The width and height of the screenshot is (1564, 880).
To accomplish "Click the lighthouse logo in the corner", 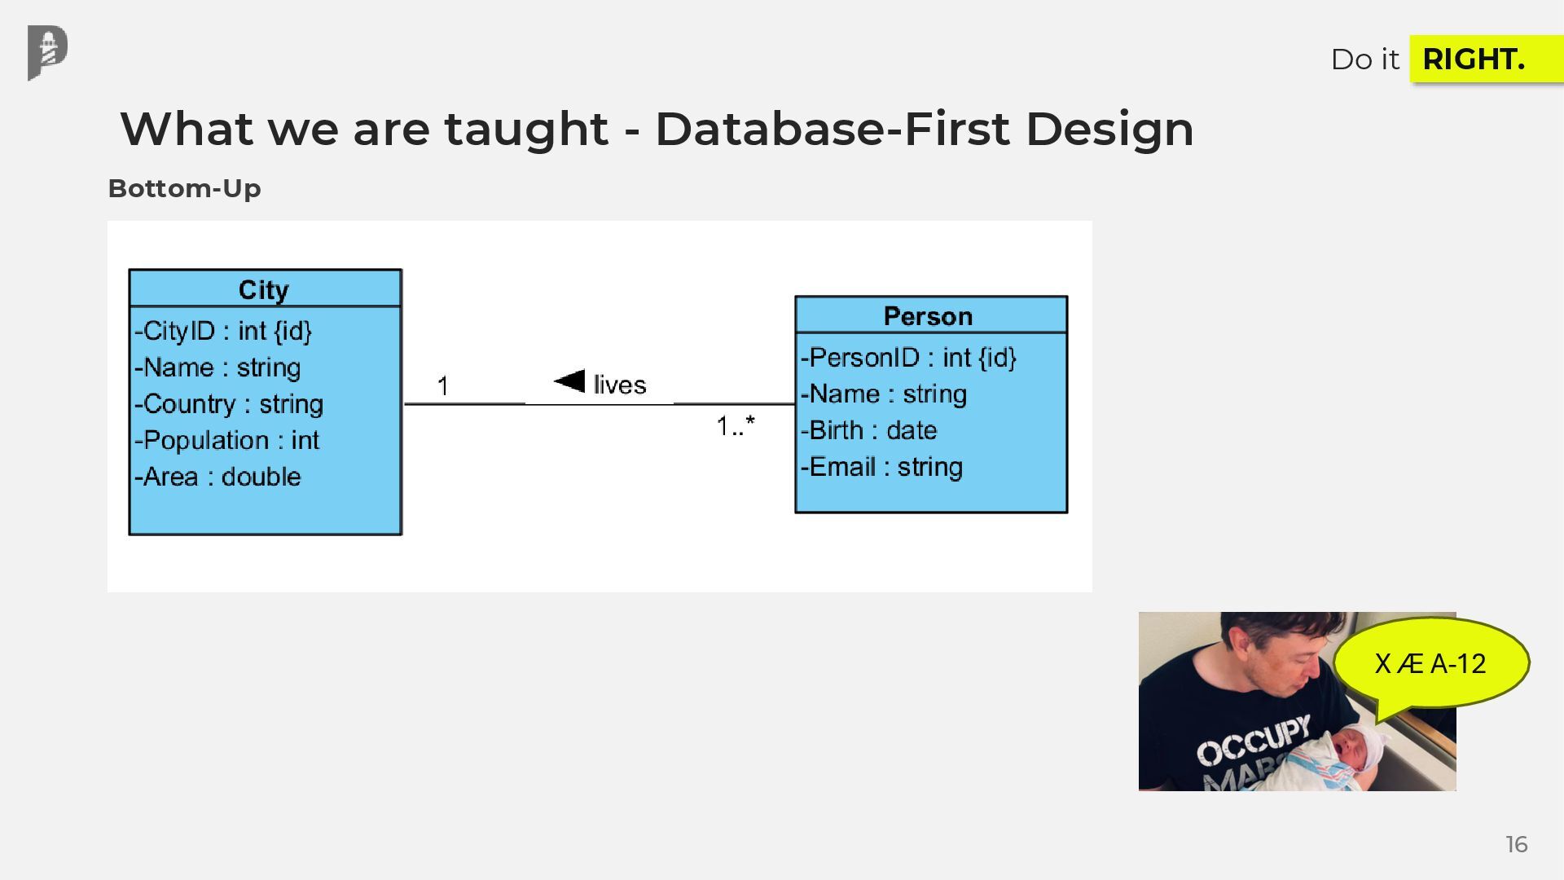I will tap(47, 52).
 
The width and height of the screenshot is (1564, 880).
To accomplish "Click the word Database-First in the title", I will tap(832, 129).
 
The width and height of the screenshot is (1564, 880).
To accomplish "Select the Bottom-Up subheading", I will tap(184, 188).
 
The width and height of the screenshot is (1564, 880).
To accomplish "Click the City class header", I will tap(264, 289).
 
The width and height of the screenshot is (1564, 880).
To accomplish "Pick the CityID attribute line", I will tap(223, 331).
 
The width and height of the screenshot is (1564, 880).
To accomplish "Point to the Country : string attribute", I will tap(229, 404).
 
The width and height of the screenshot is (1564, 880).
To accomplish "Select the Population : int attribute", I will tap(226, 440).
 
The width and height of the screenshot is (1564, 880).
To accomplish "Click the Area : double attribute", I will tap(217, 477).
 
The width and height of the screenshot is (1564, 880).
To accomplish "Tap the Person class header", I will tap(929, 315).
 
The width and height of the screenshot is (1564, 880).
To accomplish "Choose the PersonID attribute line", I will tap(908, 358).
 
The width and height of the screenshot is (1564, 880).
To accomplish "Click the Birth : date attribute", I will tap(868, 430).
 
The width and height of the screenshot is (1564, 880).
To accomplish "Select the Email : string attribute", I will tap(881, 467).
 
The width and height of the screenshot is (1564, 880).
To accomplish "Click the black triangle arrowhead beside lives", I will tap(569, 381).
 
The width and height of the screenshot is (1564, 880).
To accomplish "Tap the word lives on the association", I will tap(620, 385).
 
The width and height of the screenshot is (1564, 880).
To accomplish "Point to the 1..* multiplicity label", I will tap(736, 425).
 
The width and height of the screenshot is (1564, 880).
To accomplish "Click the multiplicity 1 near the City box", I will tap(442, 385).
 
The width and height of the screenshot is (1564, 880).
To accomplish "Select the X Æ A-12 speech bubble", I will tap(1430, 664).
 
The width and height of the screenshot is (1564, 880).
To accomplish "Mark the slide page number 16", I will tap(1516, 844).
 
